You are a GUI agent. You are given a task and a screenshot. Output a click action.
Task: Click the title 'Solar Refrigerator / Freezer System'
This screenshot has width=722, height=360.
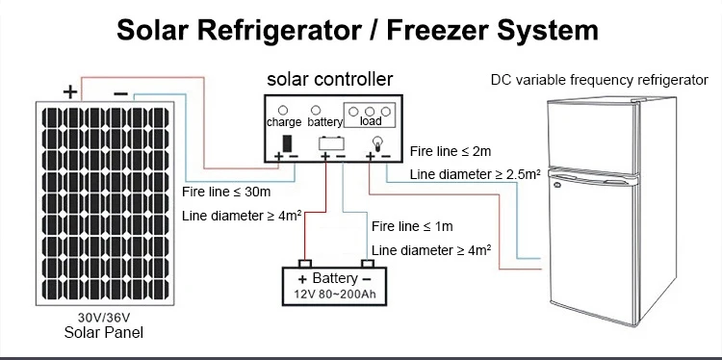pos(357,29)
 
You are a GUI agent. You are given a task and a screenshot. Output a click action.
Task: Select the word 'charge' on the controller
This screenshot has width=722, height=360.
pos(284,123)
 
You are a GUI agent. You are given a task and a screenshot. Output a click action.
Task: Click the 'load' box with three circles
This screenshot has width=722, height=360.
pos(370,116)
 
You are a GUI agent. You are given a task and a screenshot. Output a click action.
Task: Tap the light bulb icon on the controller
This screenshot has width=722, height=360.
pos(377,143)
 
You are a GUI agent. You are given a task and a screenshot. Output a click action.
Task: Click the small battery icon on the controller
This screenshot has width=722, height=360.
pos(332,144)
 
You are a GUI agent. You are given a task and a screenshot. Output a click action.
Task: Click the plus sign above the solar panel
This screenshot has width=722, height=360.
pos(69,92)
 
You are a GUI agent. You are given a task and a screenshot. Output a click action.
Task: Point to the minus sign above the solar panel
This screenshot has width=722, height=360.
pos(120,92)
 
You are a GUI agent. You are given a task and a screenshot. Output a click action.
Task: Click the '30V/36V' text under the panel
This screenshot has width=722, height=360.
pos(103,319)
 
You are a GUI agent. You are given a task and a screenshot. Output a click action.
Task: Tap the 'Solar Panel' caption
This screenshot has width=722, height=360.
pos(103,334)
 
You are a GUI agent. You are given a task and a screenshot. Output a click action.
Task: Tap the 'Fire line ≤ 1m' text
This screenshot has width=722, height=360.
pos(412,227)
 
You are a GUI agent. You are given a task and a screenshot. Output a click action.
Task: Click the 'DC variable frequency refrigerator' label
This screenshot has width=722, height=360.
pos(599,78)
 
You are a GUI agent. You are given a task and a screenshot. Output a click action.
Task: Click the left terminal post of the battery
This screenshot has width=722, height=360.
pos(304,263)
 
